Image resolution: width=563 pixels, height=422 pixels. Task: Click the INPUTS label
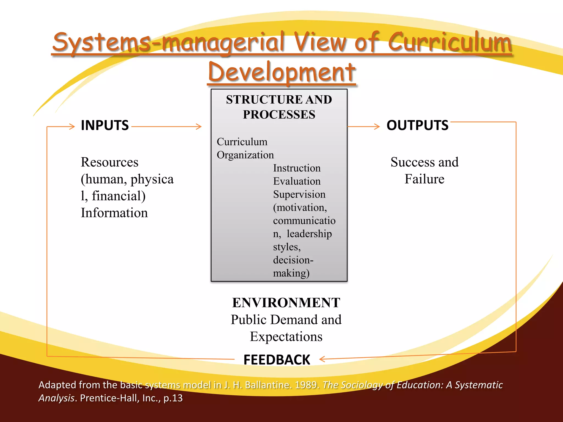[x=105, y=125]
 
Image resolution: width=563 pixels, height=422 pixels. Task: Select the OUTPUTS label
[x=417, y=125]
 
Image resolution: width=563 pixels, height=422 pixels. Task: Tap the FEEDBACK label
[x=277, y=360]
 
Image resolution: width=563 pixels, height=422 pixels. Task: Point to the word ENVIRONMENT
[x=286, y=302]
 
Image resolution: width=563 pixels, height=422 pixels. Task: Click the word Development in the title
[x=282, y=72]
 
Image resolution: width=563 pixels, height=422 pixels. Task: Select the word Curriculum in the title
[x=450, y=42]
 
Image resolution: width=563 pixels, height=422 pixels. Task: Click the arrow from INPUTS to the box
[x=166, y=127]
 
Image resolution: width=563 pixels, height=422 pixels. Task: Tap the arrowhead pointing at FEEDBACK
[x=322, y=359]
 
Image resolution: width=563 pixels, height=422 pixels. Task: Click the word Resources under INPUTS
[x=109, y=162]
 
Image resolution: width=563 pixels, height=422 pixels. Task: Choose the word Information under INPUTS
[x=114, y=213]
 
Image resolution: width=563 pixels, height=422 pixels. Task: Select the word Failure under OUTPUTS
[x=424, y=179]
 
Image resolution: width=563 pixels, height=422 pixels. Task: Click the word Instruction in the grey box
[x=297, y=168]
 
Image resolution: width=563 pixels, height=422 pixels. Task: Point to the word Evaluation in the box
[x=297, y=181]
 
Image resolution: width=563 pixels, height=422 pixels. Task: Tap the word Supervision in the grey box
[x=299, y=194]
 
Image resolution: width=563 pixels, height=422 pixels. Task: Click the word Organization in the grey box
[x=245, y=155]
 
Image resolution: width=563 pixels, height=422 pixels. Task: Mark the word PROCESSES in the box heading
[x=279, y=115]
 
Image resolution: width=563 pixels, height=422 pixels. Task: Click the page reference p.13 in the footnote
[x=173, y=398]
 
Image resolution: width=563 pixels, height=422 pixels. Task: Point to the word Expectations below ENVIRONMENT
[x=286, y=337]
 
